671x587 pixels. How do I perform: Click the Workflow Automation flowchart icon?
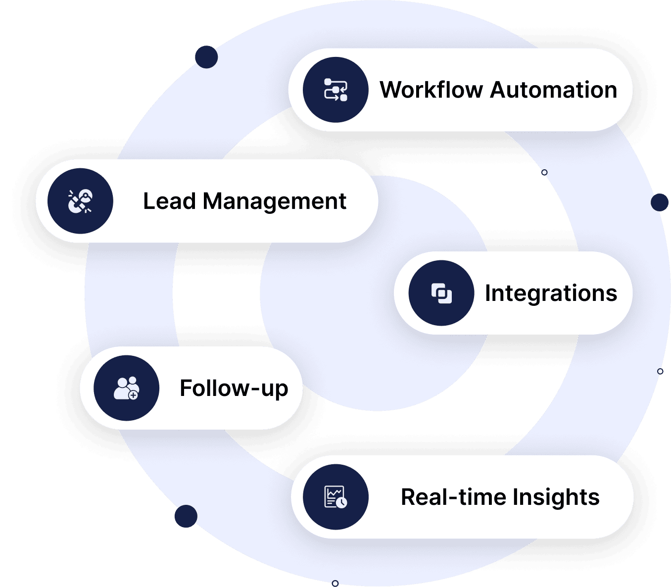[x=335, y=90]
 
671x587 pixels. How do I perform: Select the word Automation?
[x=554, y=90]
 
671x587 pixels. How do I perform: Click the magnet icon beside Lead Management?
[x=80, y=201]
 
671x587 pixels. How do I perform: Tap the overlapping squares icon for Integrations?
[x=441, y=293]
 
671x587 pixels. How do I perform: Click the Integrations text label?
[x=551, y=293]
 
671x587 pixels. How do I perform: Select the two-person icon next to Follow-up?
[x=126, y=388]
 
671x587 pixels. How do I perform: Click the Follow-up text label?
[x=234, y=389]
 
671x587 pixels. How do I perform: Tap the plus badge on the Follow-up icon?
[x=133, y=395]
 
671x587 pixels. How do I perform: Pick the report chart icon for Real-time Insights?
[x=335, y=496]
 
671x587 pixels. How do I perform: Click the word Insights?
[x=556, y=497]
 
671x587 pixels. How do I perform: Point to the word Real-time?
[x=454, y=497]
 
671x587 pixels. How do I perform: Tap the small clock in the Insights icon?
[x=341, y=502]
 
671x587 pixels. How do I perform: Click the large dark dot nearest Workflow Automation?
[x=206, y=57]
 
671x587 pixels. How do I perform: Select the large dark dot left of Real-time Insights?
[x=186, y=516]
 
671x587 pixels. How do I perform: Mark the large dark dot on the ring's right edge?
[x=660, y=202]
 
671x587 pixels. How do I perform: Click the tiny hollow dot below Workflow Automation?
[x=544, y=173]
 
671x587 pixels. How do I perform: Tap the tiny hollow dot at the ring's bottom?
[x=335, y=584]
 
